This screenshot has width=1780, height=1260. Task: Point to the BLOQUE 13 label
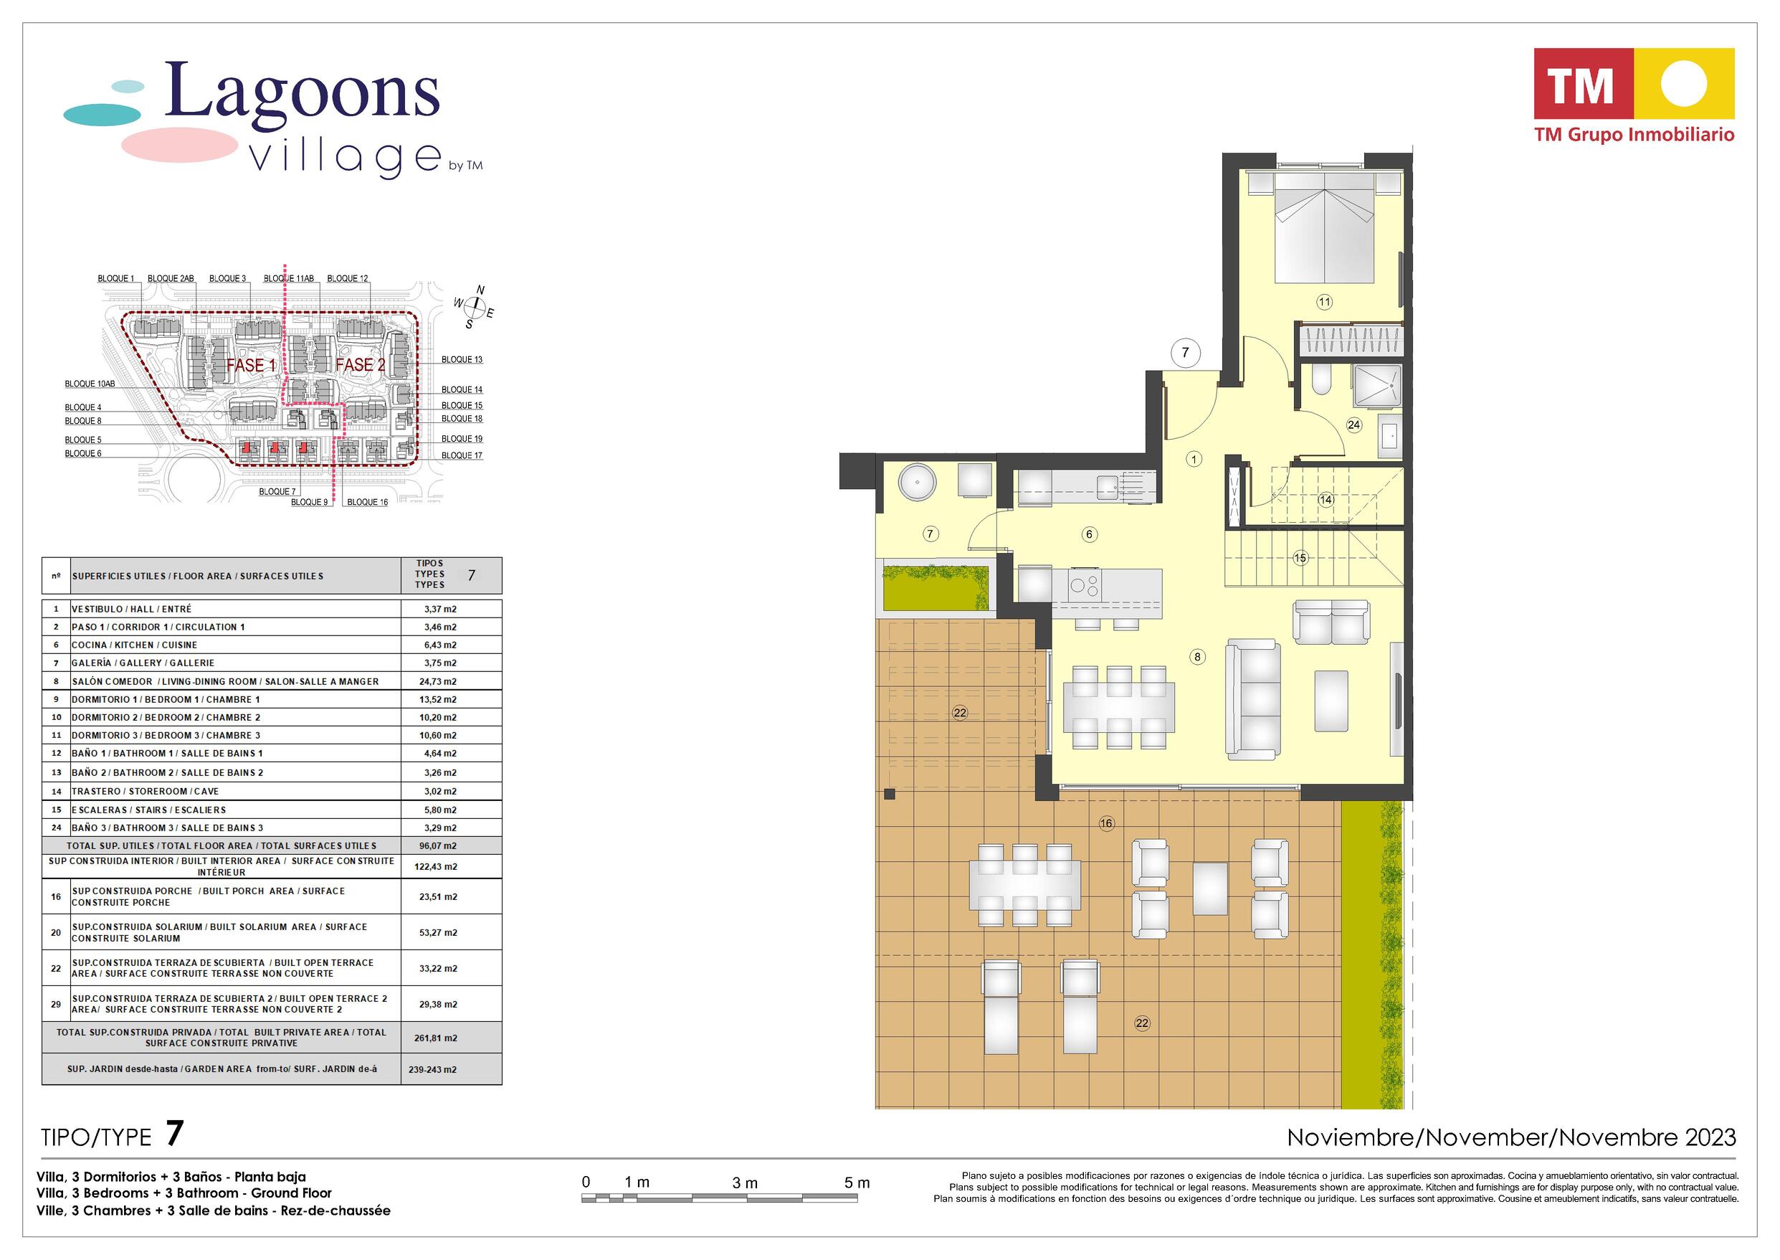[462, 360]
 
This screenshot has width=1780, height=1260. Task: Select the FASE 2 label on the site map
[360, 364]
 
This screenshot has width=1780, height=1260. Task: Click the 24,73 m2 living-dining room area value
[438, 681]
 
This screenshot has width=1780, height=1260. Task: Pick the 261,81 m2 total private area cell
[436, 1038]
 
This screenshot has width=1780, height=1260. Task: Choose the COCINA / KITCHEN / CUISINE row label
[134, 645]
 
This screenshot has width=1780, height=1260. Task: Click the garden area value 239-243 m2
[433, 1069]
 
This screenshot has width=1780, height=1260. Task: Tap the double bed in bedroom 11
[1325, 227]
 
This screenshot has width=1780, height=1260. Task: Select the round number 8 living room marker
[1197, 657]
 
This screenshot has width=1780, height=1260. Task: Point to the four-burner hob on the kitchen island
[1083, 585]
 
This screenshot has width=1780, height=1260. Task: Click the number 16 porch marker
[1106, 823]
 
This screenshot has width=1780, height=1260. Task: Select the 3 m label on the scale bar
[745, 1183]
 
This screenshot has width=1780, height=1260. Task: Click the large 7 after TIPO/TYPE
[174, 1134]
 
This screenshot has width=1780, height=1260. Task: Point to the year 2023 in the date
[1710, 1137]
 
